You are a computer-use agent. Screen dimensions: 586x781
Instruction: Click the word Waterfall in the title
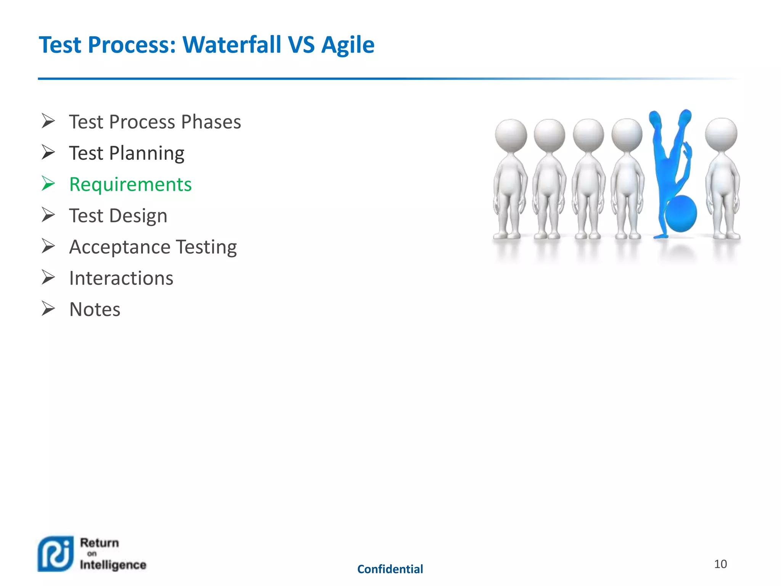pyautogui.click(x=232, y=45)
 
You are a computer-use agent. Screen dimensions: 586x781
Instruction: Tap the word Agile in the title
pyautogui.click(x=347, y=45)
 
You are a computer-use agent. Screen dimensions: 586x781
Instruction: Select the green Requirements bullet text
pyautogui.click(x=130, y=184)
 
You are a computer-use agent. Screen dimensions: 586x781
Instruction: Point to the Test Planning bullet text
pyautogui.click(x=126, y=153)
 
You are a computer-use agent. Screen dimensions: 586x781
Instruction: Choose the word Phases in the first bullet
pyautogui.click(x=211, y=122)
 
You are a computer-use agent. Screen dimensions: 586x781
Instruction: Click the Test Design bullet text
pyautogui.click(x=118, y=216)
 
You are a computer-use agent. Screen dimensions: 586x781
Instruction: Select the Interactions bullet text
pyautogui.click(x=121, y=278)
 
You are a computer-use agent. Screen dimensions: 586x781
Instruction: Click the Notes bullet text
pyautogui.click(x=95, y=309)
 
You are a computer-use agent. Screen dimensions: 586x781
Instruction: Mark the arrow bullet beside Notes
pyautogui.click(x=48, y=309)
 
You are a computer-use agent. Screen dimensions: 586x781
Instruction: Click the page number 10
pyautogui.click(x=720, y=564)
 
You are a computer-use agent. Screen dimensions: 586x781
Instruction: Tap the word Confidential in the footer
pyautogui.click(x=390, y=569)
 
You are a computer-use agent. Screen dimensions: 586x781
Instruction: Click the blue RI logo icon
pyautogui.click(x=56, y=554)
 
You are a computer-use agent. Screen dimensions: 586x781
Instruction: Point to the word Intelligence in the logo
pyautogui.click(x=113, y=565)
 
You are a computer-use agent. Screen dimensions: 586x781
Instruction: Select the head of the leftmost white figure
pyautogui.click(x=511, y=135)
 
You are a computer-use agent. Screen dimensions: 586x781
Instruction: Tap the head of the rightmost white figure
pyautogui.click(x=721, y=134)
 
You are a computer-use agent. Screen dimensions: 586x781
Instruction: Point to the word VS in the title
pyautogui.click(x=301, y=45)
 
